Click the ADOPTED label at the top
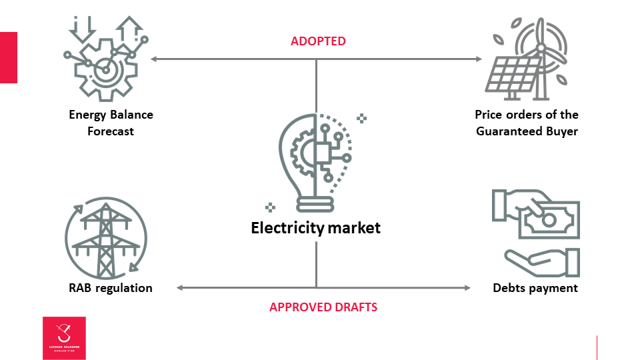pyautogui.click(x=318, y=41)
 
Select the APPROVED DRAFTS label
pyautogui.click(x=323, y=307)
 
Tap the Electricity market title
pyautogui.click(x=315, y=228)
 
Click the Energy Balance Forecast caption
pyautogui.click(x=111, y=123)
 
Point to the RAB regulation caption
pyautogui.click(x=110, y=288)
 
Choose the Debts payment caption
pyautogui.click(x=535, y=288)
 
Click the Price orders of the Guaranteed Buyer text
pyautogui.click(x=527, y=123)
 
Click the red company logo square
pyautogui.click(x=64, y=338)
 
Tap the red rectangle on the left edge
pyautogui.click(x=8, y=57)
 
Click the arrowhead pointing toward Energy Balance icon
pyautogui.click(x=154, y=59)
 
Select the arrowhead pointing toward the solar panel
pyautogui.click(x=478, y=59)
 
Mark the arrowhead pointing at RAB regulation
pyautogui.click(x=180, y=288)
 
